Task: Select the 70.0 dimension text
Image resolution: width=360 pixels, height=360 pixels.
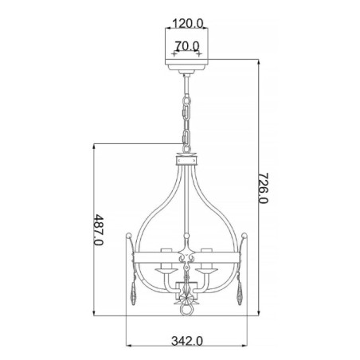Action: coord(189,47)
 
